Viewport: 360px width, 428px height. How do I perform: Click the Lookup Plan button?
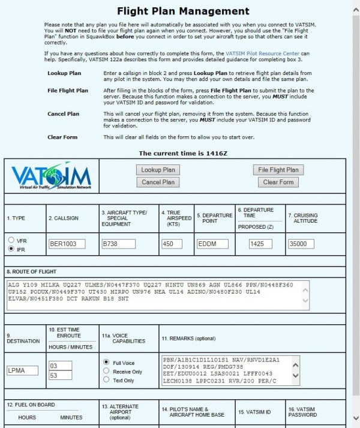point(158,170)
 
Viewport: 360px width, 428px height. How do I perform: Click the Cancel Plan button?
point(158,182)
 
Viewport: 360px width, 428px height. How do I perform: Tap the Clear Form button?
point(278,182)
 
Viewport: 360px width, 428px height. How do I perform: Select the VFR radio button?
point(11,241)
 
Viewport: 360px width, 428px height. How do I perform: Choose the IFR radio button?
point(11,249)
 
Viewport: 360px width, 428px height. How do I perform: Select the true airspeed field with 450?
point(172,244)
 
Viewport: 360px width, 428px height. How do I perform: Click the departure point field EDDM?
point(213,244)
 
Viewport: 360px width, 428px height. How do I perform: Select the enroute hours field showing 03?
point(60,366)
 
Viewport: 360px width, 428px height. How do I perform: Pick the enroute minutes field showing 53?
point(60,375)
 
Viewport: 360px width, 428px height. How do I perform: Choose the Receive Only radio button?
point(107,372)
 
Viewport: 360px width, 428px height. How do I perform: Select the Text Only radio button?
point(107,381)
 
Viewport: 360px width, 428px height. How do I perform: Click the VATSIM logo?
point(51,176)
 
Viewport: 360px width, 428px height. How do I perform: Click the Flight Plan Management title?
point(183,11)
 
